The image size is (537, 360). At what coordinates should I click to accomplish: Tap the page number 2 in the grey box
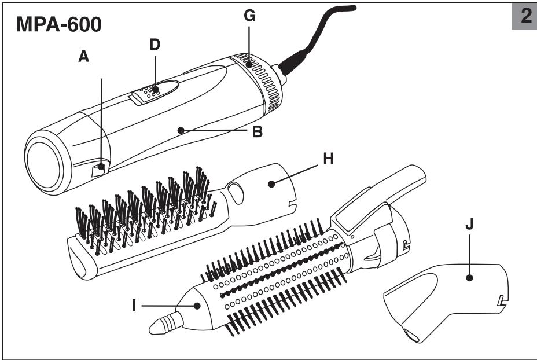pyautogui.click(x=526, y=16)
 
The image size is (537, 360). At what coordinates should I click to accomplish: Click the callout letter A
pyautogui.click(x=84, y=58)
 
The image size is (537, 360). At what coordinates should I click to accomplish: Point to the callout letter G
pyautogui.click(x=249, y=16)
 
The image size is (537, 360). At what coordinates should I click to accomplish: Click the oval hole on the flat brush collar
pyautogui.click(x=236, y=191)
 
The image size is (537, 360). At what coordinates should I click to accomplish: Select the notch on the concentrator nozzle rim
pyautogui.click(x=501, y=300)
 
